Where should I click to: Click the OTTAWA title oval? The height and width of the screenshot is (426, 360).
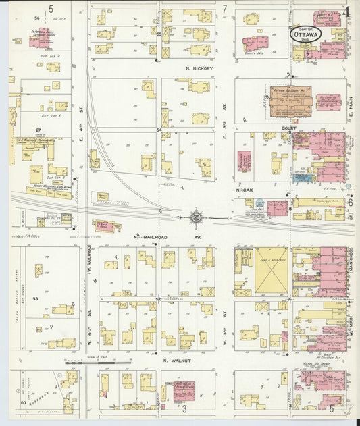[306, 33]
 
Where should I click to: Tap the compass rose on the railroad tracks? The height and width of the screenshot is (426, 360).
[196, 217]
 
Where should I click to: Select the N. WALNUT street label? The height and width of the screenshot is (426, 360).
[175, 360]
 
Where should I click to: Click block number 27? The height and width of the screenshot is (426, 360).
[39, 129]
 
